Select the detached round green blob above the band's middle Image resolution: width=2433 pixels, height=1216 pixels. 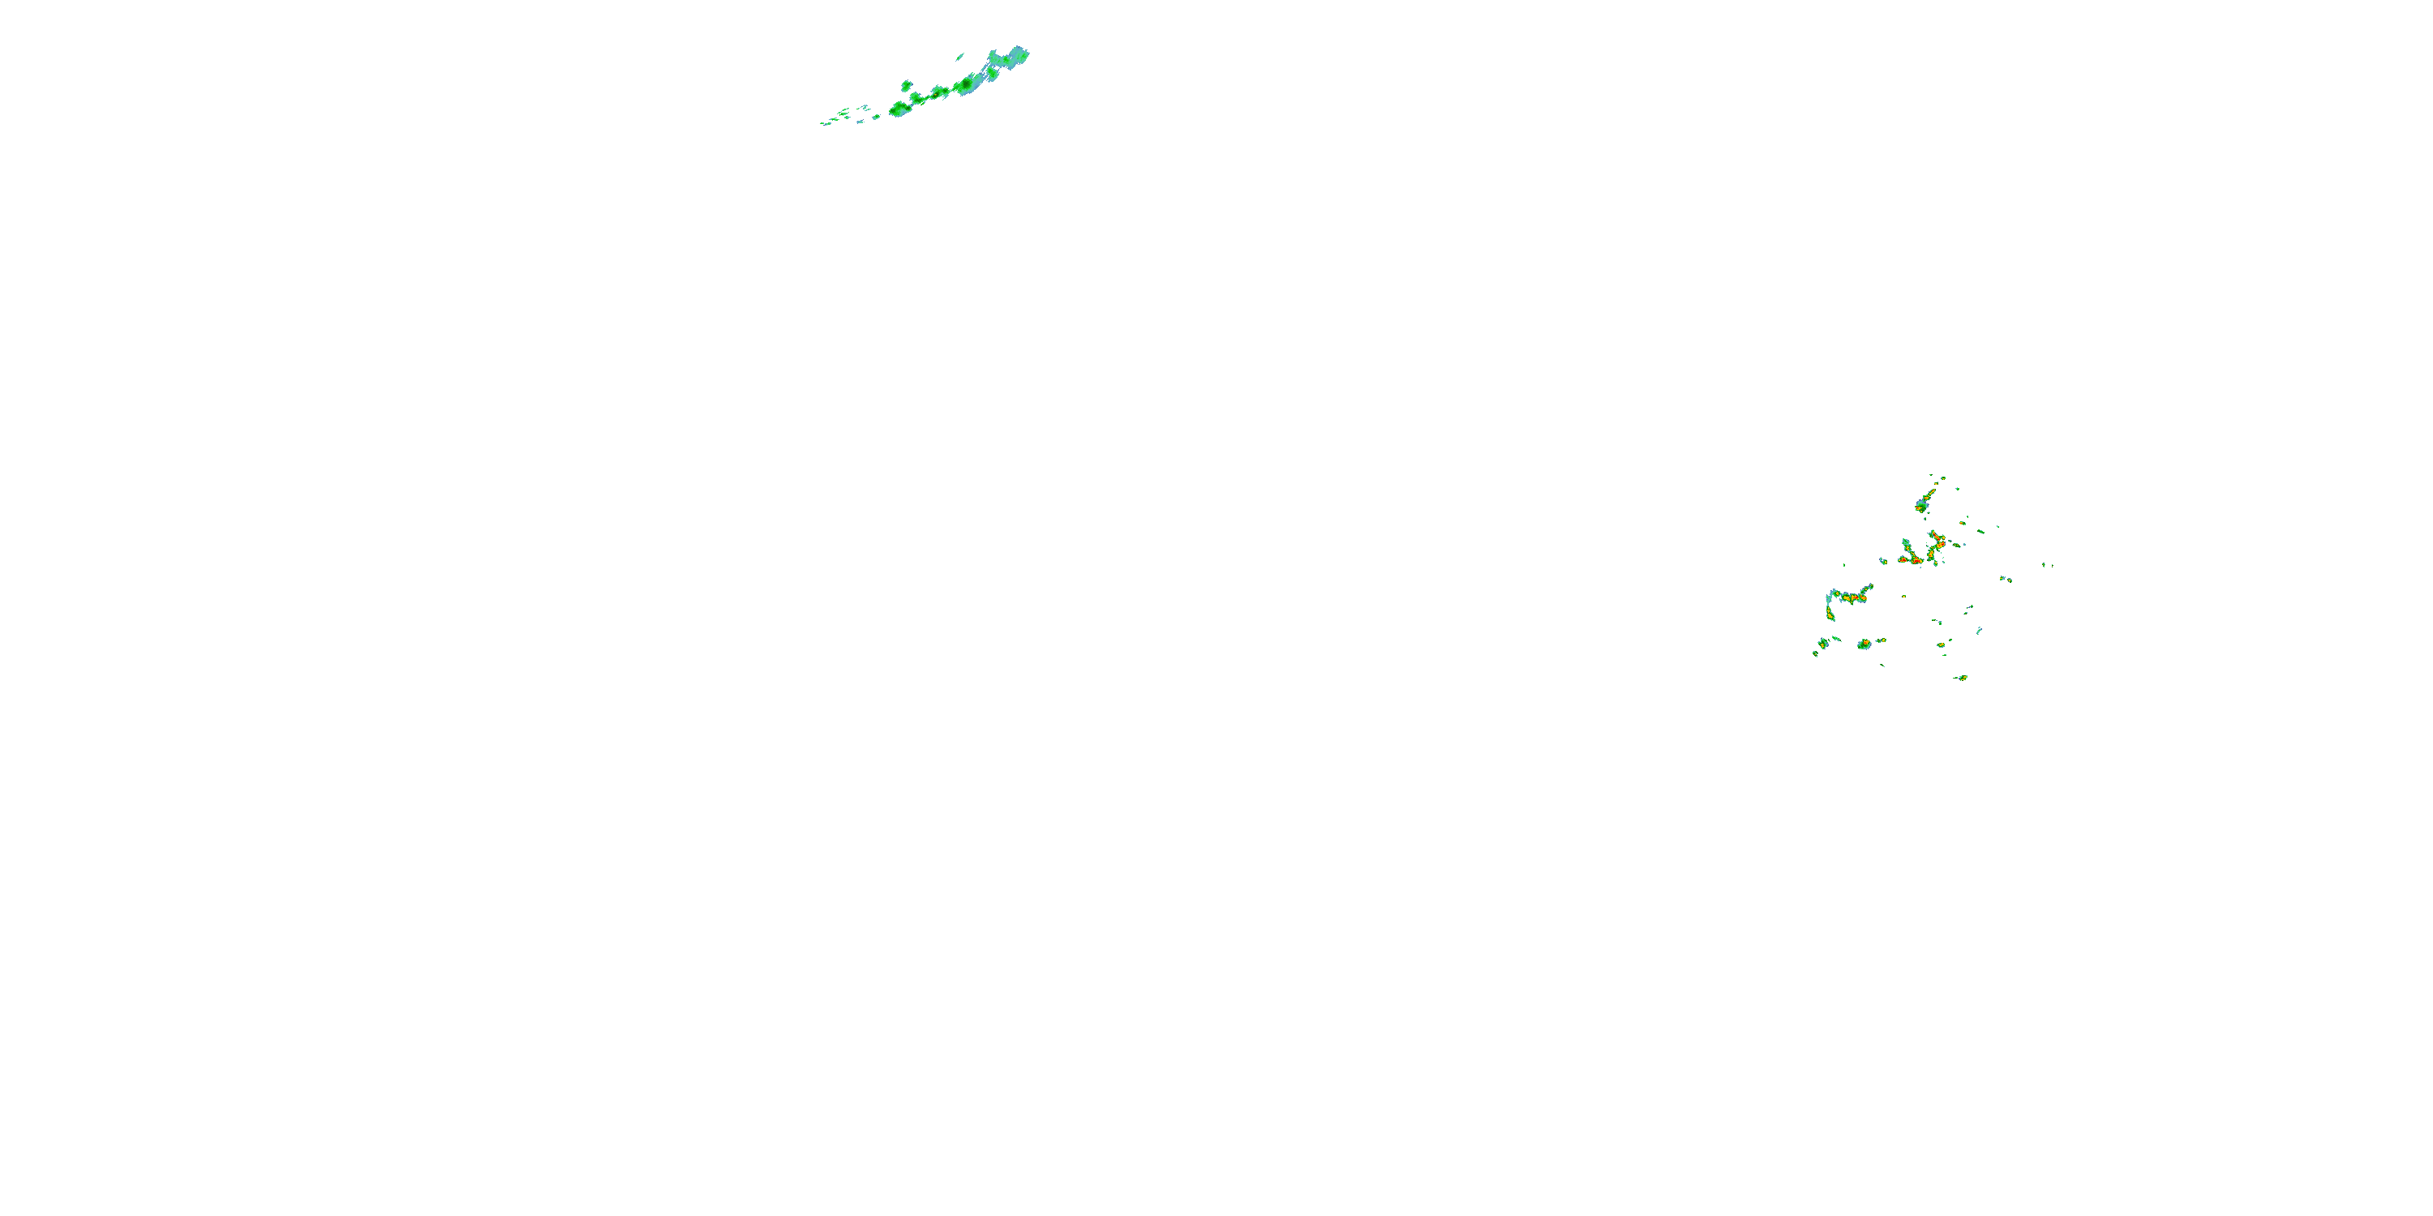906,86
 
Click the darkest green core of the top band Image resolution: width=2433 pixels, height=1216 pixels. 966,86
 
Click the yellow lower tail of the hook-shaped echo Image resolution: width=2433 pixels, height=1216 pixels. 1830,614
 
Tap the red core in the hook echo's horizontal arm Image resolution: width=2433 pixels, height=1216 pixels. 1860,597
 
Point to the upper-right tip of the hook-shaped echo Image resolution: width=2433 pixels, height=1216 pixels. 1870,587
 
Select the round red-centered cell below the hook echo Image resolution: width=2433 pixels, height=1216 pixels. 1864,644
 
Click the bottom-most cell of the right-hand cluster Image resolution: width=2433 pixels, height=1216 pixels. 1961,677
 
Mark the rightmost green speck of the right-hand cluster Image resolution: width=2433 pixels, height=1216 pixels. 2045,564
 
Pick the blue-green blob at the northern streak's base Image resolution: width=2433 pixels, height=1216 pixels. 1921,506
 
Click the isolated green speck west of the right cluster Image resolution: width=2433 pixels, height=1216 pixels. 1843,564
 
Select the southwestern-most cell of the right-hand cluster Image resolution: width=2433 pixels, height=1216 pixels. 1815,653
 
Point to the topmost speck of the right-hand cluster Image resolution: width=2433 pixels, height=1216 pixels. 1930,475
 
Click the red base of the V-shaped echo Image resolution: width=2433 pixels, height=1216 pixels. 1917,560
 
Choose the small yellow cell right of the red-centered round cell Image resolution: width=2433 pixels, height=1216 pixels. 1882,640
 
